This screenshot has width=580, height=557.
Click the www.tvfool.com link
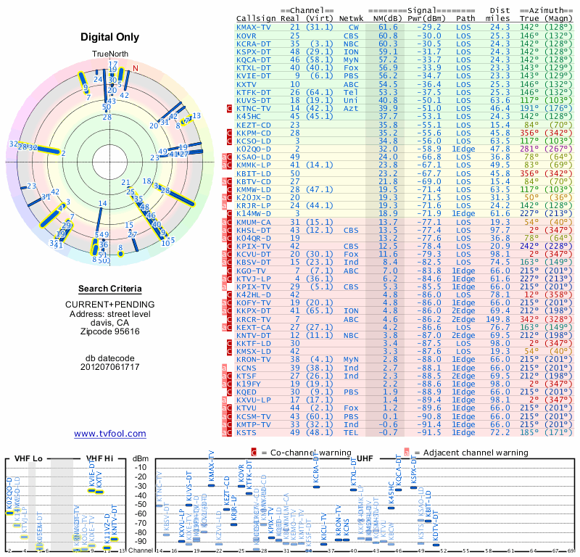110,434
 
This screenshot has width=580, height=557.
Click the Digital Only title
110,37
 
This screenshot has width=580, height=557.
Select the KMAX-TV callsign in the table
254,27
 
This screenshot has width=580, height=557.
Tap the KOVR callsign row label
247,35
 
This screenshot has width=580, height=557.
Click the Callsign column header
256,18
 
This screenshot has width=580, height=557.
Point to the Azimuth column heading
550,10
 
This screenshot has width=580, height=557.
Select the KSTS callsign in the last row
247,432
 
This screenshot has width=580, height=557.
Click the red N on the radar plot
135,70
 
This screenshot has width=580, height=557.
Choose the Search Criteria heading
110,289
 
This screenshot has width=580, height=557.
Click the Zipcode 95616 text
110,331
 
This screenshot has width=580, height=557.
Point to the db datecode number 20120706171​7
110,367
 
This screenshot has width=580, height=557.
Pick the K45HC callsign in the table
249,115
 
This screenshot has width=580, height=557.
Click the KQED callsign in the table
247,392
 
